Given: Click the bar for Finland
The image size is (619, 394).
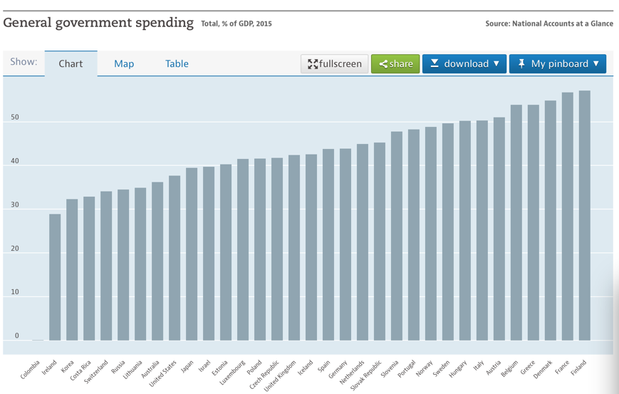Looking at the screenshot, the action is point(584,215).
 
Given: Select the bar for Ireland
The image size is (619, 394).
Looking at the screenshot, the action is point(55,277).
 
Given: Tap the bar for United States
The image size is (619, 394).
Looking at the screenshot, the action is point(175,258).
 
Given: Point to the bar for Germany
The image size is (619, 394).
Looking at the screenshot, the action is point(345,244).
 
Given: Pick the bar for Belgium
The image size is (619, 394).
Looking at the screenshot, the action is point(516,222).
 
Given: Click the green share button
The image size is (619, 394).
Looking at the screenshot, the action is point(395,63).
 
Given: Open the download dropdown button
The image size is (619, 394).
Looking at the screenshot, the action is point(464,63).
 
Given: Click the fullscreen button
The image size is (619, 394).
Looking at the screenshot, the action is point(334,63).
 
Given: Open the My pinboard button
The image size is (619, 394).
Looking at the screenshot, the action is point(558,63).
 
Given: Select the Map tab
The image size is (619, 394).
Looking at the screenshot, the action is point(124,63).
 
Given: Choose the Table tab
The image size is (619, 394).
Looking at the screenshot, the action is point(177,63).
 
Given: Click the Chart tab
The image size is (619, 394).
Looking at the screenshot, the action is point(71,63).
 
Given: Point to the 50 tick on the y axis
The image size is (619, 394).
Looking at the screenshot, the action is point(15,118).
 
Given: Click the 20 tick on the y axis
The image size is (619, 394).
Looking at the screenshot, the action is point(15,249).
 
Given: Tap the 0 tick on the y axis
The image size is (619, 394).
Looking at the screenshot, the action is point(16,336).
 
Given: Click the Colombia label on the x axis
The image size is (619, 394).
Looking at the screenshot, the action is point(31,370).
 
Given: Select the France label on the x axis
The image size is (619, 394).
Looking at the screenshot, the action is point(562,367).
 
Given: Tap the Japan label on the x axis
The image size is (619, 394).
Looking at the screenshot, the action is point(187,366).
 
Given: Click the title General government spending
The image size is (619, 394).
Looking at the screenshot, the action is point(98,23).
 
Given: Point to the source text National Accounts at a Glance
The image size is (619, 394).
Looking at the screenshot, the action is point(563,24).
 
